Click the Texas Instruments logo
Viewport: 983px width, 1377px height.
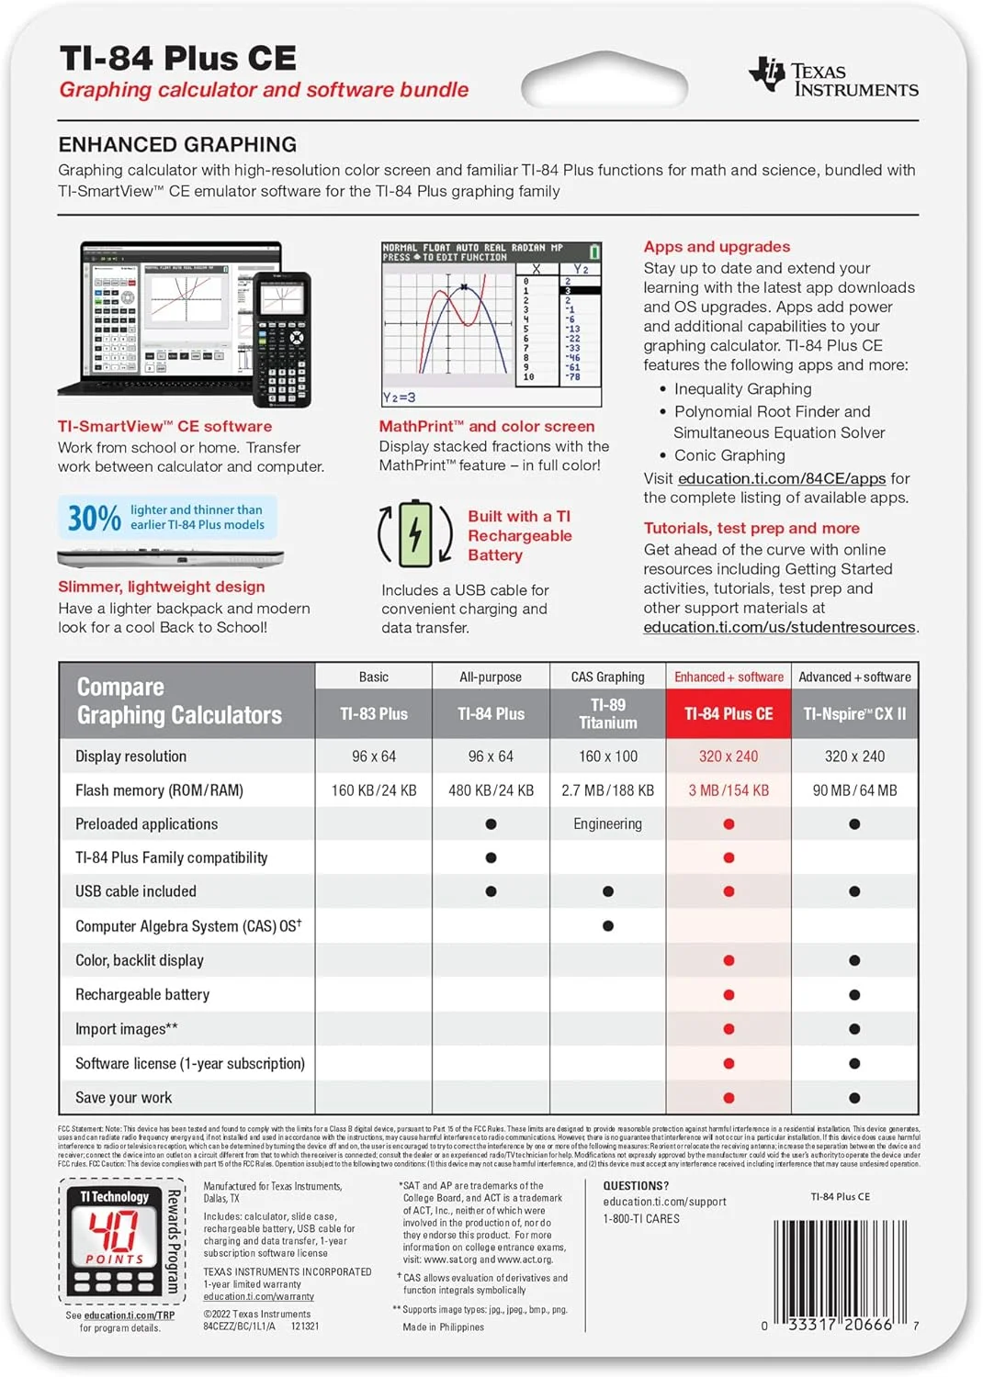coord(833,77)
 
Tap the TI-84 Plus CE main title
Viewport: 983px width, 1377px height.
coord(177,58)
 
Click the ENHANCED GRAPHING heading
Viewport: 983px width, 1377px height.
coord(177,144)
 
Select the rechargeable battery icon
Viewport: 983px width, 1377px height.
coord(415,533)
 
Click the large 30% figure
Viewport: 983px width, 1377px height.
coord(94,518)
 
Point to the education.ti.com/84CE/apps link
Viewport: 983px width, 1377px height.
coord(782,478)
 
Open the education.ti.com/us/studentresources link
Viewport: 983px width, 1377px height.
coord(779,627)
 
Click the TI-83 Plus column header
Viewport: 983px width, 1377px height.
coord(374,713)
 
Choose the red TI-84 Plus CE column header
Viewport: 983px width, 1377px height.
coord(729,713)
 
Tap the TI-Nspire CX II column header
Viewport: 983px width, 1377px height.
coord(854,713)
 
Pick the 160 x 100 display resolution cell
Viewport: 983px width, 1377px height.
coord(607,756)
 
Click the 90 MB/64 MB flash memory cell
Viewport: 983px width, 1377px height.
coord(854,790)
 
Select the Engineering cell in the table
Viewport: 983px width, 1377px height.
coord(607,824)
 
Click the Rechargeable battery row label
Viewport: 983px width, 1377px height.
coord(142,994)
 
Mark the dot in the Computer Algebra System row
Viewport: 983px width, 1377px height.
coord(608,926)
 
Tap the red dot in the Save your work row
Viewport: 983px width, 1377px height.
coord(729,1098)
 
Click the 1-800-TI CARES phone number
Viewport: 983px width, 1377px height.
coord(641,1219)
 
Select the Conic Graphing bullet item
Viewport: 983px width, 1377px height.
coord(729,455)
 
